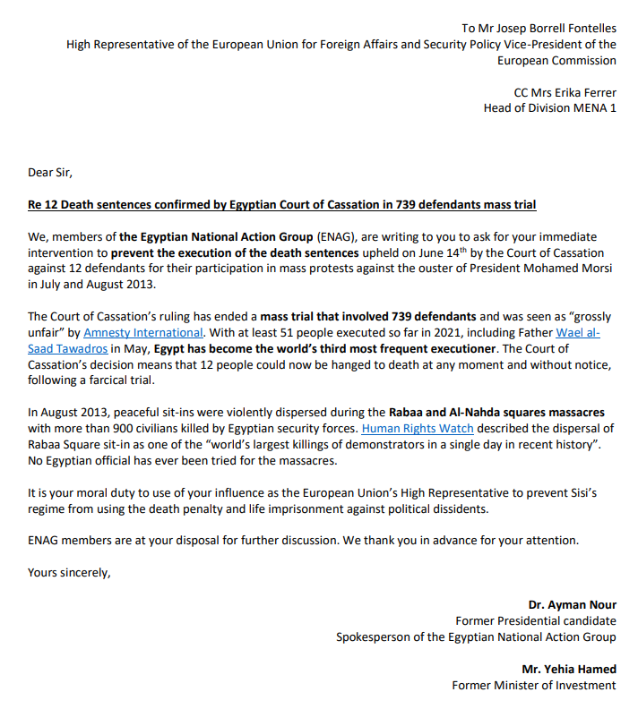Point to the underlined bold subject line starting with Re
(x=282, y=205)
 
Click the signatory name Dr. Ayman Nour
(x=572, y=605)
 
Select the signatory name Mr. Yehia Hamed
(x=569, y=669)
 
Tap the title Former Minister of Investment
(x=534, y=685)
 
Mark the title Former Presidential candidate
(x=536, y=621)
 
